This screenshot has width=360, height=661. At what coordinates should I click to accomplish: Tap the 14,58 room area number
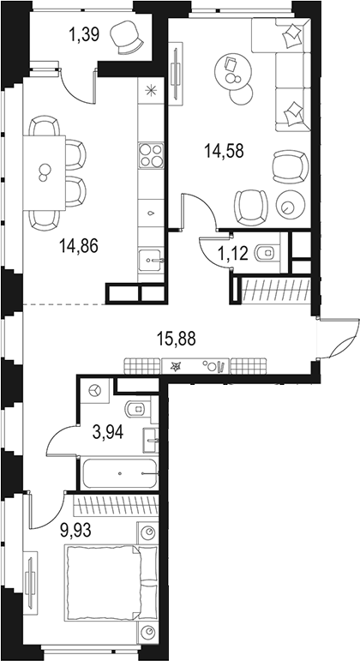tap(224, 151)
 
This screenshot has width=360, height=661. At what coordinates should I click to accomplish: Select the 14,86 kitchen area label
tap(78, 247)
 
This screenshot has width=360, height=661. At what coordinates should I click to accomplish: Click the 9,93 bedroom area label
tap(77, 529)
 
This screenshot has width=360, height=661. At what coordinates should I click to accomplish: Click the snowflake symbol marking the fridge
tap(152, 92)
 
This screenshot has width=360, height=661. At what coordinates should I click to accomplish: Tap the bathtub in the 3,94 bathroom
tap(119, 472)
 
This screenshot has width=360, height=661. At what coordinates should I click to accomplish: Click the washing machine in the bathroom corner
tap(96, 390)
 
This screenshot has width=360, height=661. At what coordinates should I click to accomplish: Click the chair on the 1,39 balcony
tap(129, 37)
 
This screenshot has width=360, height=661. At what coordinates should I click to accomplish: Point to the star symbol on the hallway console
tap(176, 366)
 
